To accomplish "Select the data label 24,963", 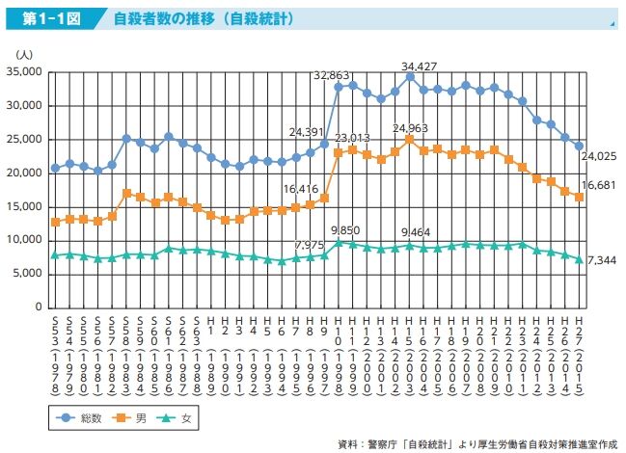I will click(410, 127).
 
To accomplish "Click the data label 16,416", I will click(301, 190).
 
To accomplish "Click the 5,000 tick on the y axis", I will click(27, 274).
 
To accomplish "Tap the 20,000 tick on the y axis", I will click(24, 173).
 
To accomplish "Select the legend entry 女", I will click(183, 417).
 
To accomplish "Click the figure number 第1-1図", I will click(44, 18).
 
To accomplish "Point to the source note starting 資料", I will click(476, 444).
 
